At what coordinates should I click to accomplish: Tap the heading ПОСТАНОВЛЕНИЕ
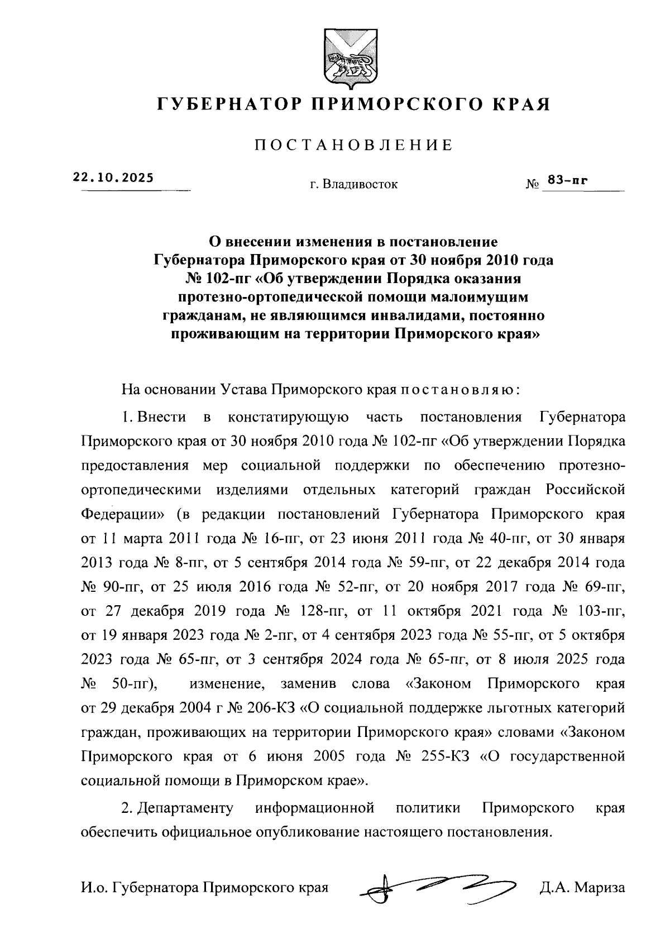click(353, 146)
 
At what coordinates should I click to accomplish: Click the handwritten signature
click(437, 886)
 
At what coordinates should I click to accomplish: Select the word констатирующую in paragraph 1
click(289, 417)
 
